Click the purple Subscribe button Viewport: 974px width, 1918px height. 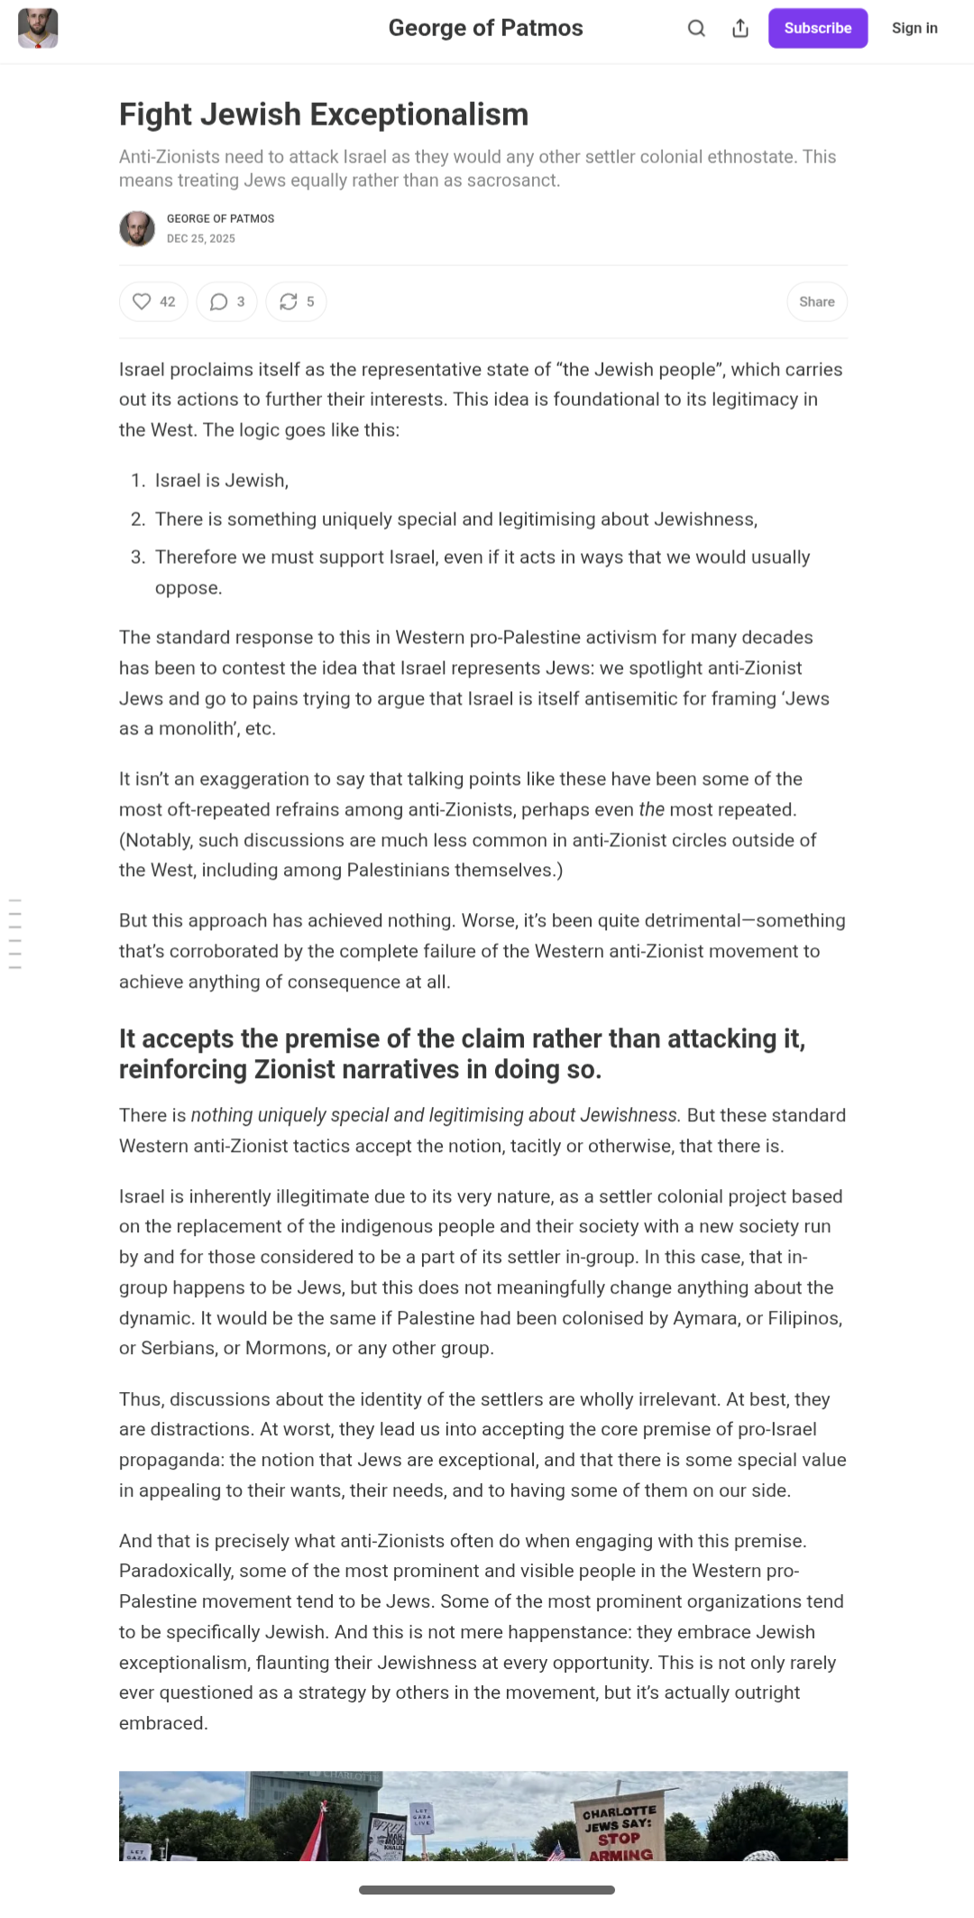click(817, 28)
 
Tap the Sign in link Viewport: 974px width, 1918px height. click(914, 28)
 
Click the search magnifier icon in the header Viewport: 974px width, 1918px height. click(696, 28)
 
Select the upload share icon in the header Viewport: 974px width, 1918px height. click(740, 28)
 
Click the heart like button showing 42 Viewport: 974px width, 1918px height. click(153, 301)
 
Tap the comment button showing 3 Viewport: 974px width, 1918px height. click(226, 301)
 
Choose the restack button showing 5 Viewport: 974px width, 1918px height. click(296, 301)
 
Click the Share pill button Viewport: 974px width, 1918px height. click(816, 301)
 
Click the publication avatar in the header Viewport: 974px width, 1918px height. click(38, 28)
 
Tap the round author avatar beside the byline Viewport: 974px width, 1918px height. click(137, 228)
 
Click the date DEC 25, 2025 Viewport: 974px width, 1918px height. click(200, 239)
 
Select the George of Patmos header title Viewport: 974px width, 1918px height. click(485, 28)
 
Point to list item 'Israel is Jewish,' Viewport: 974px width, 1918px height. click(222, 481)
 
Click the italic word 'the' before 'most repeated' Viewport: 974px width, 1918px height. click(651, 809)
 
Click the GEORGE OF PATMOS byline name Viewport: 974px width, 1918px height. click(220, 218)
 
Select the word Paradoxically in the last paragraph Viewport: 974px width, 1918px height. click(176, 1571)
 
